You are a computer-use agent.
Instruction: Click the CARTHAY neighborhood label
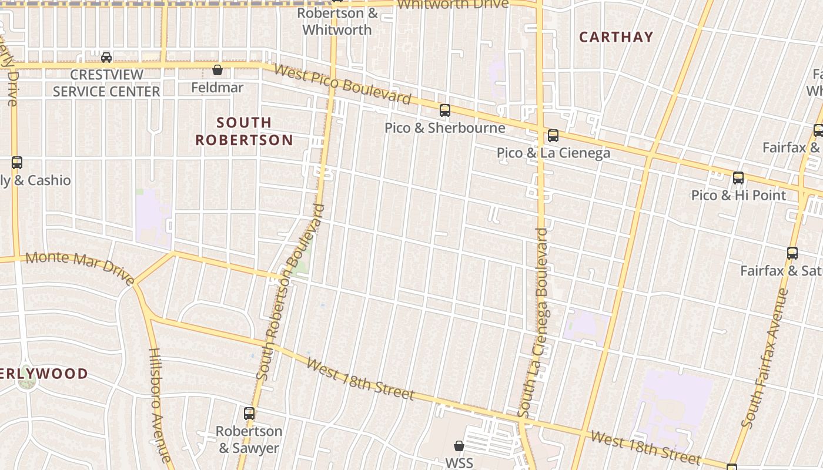tap(616, 37)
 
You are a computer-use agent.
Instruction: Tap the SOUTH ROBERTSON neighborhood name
tap(244, 131)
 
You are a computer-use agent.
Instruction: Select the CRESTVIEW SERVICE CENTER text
tap(106, 83)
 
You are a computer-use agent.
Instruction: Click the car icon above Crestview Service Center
tap(106, 57)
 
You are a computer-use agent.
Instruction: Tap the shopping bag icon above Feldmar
tap(218, 70)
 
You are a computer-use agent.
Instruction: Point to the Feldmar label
tap(218, 88)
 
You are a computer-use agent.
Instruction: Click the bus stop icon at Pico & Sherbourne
tap(445, 110)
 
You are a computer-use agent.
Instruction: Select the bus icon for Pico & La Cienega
tap(553, 136)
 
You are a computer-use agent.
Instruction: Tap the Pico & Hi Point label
tap(738, 195)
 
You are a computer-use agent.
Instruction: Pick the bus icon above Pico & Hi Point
tap(738, 178)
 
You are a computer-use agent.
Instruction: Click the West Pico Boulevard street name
tap(342, 84)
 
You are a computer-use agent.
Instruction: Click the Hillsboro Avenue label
tap(159, 405)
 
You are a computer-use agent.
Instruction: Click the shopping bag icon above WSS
tap(459, 446)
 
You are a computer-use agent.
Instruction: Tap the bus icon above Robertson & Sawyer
tap(249, 414)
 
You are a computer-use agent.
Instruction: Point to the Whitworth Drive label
tap(453, 5)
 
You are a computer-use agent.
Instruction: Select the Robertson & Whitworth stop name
tap(337, 21)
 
